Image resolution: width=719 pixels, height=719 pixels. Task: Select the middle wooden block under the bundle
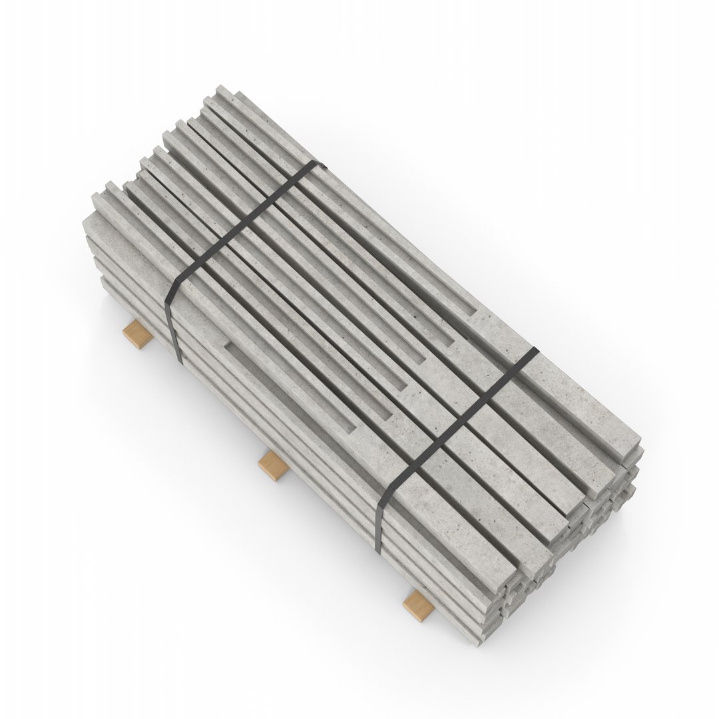273,464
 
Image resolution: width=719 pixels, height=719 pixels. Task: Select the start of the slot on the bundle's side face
228,345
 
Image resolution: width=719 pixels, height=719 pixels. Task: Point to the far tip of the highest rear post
220,90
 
